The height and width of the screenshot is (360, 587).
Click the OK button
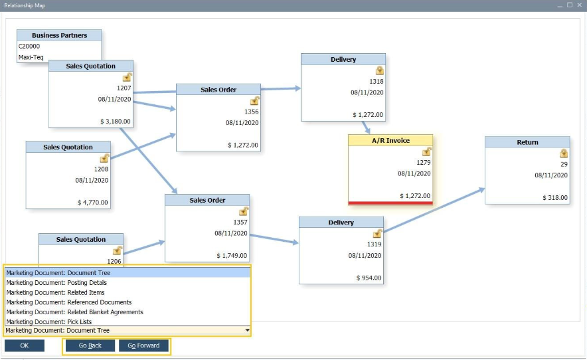click(25, 346)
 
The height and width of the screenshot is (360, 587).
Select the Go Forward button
click(143, 346)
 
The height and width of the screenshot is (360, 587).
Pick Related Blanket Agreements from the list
click(75, 312)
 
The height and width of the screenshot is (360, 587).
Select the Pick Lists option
click(49, 321)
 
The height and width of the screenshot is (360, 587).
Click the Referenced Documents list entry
click(69, 302)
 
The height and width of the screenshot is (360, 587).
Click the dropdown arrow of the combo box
click(247, 330)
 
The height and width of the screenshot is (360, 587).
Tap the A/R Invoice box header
click(390, 141)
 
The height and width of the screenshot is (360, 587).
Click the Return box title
click(527, 142)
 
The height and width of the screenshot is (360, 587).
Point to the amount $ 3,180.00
click(116, 122)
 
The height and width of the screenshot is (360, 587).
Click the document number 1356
click(251, 112)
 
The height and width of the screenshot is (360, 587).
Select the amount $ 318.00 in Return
click(554, 198)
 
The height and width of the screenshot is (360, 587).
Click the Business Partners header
click(59, 35)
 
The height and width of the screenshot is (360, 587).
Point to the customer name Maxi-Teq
click(31, 57)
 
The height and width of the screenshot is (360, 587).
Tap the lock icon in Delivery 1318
click(379, 70)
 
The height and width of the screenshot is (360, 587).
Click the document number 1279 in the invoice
click(424, 162)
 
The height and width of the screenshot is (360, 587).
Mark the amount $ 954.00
click(369, 278)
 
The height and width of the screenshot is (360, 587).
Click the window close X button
click(579, 5)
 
